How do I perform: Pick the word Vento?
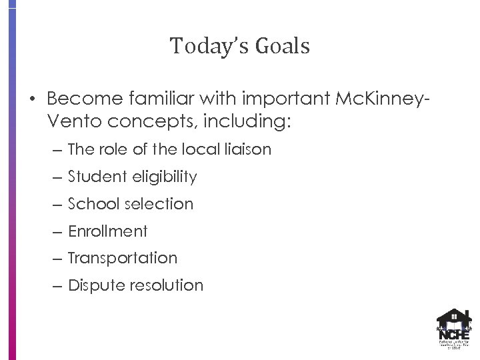[70, 123]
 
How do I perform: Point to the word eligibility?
[165, 177]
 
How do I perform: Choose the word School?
[91, 204]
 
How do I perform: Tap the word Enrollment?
[107, 231]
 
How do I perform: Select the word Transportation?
[123, 259]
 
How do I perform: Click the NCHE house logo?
[453, 327]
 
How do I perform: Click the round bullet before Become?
[31, 100]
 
